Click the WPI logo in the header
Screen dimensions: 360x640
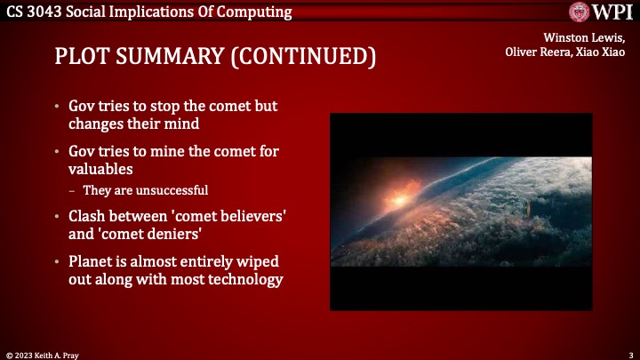(602, 12)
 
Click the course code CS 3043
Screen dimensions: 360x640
(33, 11)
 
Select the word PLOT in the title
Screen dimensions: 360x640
(83, 57)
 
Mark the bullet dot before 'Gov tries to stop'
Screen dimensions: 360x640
(57, 107)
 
